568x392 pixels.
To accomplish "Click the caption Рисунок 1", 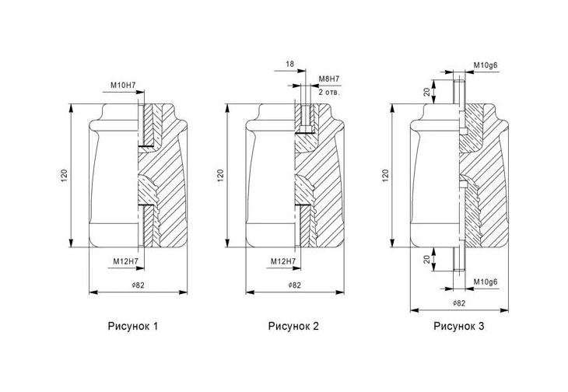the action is pyautogui.click(x=133, y=326).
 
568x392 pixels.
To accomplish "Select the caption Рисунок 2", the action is pyautogui.click(x=293, y=326).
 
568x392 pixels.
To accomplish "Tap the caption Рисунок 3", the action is pyautogui.click(x=458, y=326).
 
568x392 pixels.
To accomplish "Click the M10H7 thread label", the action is pyautogui.click(x=123, y=86).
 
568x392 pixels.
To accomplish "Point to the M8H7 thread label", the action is pyautogui.click(x=329, y=79).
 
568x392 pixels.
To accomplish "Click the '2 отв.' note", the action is pyautogui.click(x=329, y=92).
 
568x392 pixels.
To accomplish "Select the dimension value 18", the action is pyautogui.click(x=289, y=64).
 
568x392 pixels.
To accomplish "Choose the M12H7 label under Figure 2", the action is pyautogui.click(x=283, y=261).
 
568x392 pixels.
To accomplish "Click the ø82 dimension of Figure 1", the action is pyautogui.click(x=138, y=285).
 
